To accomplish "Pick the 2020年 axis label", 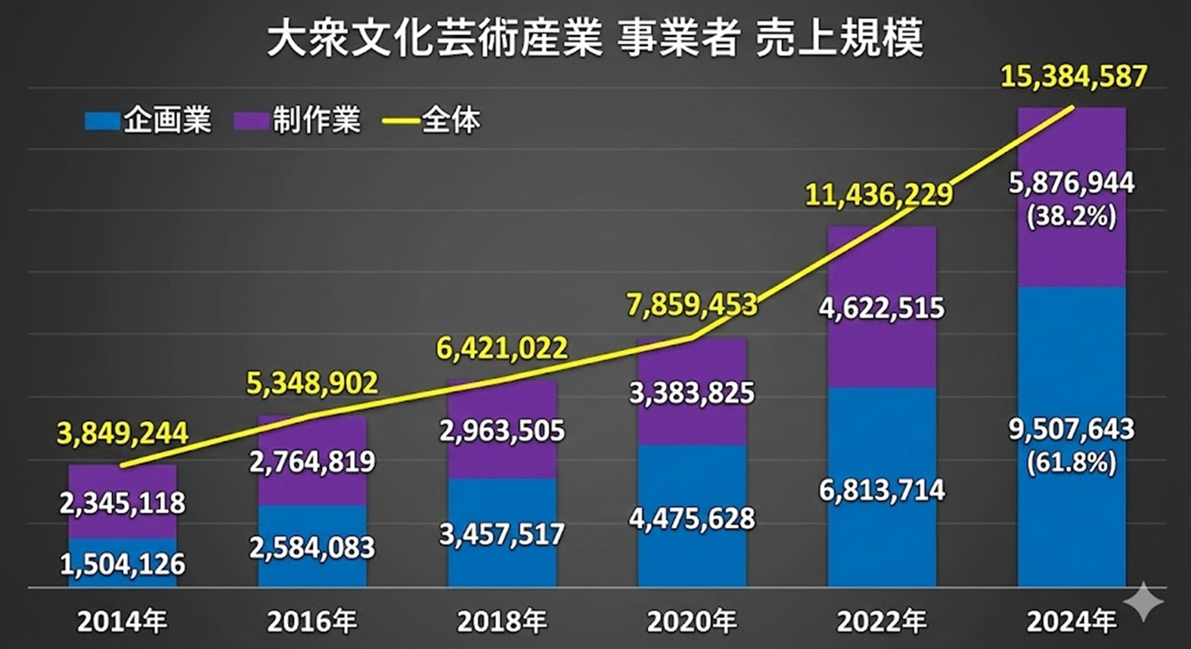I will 692,622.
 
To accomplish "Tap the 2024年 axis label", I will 1072,622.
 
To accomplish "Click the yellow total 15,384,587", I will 1074,77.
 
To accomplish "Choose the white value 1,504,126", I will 123,564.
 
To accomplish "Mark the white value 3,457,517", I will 502,534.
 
